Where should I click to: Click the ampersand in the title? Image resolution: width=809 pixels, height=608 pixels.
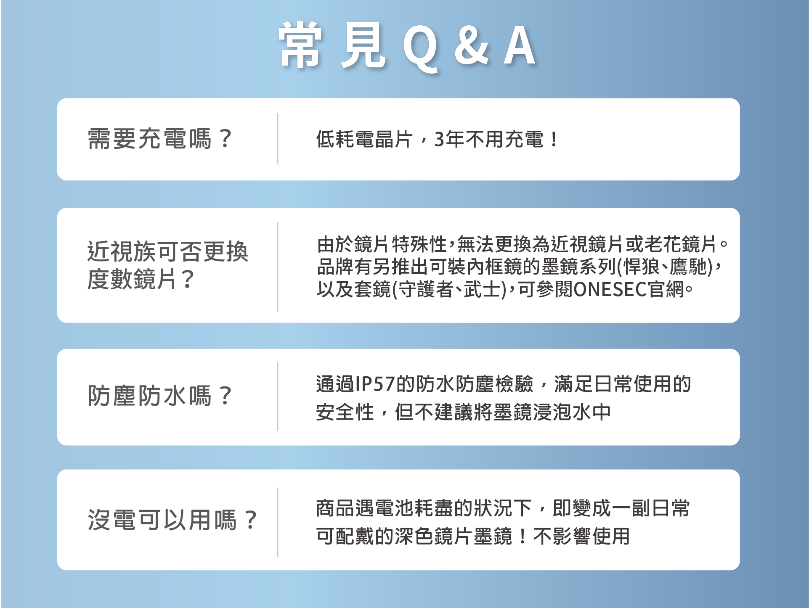(472, 46)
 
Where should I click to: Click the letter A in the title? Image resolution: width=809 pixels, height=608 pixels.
(520, 46)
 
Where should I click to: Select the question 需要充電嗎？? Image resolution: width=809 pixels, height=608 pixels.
(159, 139)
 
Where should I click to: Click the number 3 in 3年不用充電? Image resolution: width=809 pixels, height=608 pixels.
(439, 140)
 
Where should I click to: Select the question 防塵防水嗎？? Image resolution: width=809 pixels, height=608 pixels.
(159, 396)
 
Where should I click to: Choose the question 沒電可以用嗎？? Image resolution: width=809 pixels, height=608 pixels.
(172, 520)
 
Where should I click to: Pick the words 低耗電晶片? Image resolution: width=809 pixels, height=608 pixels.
(364, 140)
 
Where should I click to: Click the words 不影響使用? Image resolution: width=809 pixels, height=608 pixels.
(581, 536)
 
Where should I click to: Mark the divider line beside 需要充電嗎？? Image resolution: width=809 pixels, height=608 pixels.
(278, 139)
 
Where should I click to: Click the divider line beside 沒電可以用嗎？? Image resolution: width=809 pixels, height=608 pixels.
(278, 522)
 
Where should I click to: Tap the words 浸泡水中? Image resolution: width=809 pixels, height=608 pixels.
(572, 412)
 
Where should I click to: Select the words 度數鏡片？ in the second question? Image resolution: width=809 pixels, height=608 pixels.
(141, 279)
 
